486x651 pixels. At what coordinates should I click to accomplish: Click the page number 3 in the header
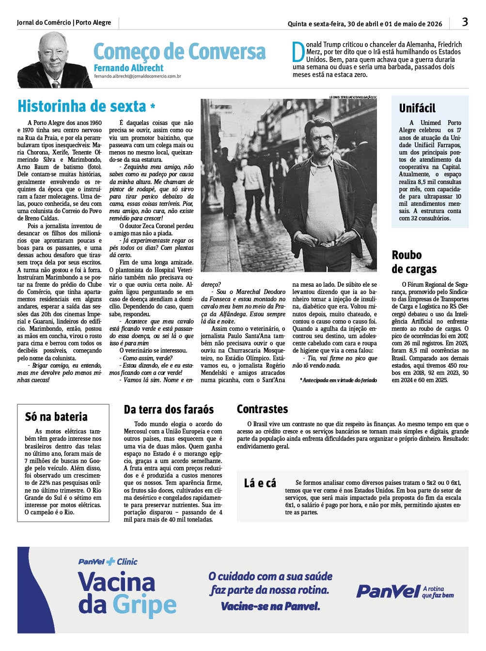pos(465,22)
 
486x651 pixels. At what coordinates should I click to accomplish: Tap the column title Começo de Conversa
pos(179,51)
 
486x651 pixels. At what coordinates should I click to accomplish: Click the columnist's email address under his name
pos(138,76)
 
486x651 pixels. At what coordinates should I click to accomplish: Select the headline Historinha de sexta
pos(82,106)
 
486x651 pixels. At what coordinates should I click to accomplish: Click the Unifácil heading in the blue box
pos(417,108)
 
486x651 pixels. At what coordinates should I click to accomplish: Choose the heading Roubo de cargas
pos(414,262)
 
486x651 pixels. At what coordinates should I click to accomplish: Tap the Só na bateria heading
pos(56,417)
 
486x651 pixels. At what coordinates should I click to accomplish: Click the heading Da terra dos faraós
pos(169,410)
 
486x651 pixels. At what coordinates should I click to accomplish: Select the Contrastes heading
pos(262,409)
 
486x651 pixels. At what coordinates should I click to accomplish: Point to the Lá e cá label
pos(260,483)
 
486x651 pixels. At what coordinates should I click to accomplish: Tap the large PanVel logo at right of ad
pos(388,591)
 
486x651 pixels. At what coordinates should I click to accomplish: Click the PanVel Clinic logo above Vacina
pos(108,562)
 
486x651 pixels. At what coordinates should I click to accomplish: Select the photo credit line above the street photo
pos(353,97)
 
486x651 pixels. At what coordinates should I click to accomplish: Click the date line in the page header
pos(364,24)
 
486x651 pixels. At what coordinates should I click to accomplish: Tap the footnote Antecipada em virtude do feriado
pos(338,380)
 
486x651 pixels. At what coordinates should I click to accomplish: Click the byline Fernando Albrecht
pos(128,68)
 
